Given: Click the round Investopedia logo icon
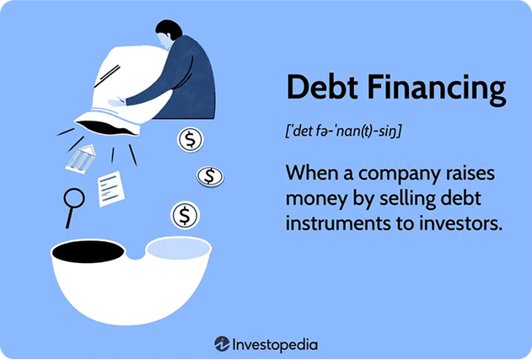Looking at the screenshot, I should pos(222,344).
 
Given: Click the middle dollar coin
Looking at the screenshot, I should pos(210,176).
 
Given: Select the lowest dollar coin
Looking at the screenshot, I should pos(185,215).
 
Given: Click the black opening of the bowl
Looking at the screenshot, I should pos(88,250).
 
